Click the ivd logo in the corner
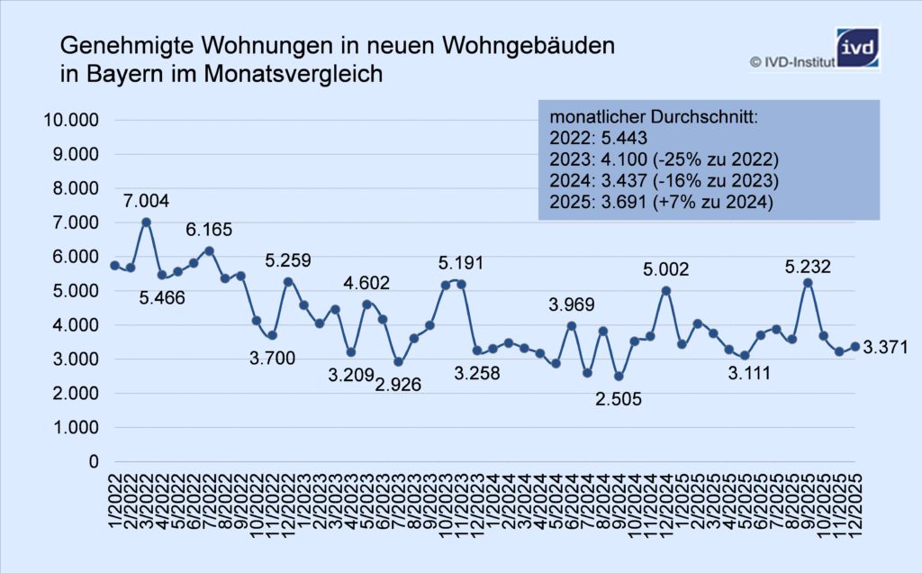click(x=856, y=50)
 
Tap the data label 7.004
click(x=147, y=200)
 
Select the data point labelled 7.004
click(x=147, y=222)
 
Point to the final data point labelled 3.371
click(x=854, y=346)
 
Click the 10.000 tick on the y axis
click(x=69, y=121)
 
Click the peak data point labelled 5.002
click(x=666, y=290)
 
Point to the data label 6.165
click(x=208, y=230)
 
